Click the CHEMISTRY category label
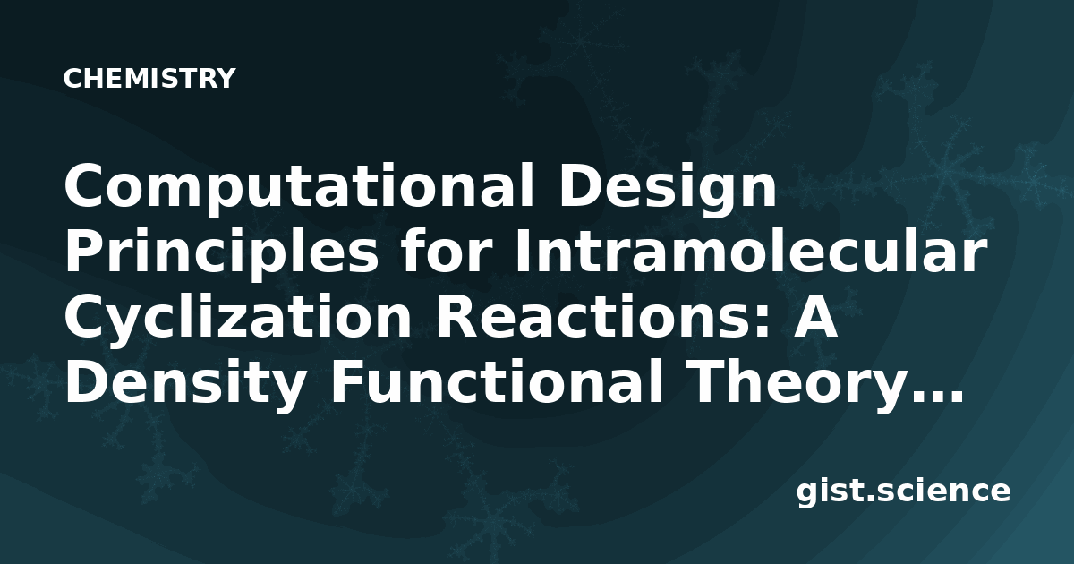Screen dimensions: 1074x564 [x=149, y=78]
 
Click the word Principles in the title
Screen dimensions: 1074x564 [x=221, y=253]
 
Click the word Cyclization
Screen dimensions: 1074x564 [x=238, y=320]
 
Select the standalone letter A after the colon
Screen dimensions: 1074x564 [x=809, y=317]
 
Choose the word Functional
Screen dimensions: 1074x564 [x=497, y=383]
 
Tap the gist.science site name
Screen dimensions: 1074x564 [x=903, y=491]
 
